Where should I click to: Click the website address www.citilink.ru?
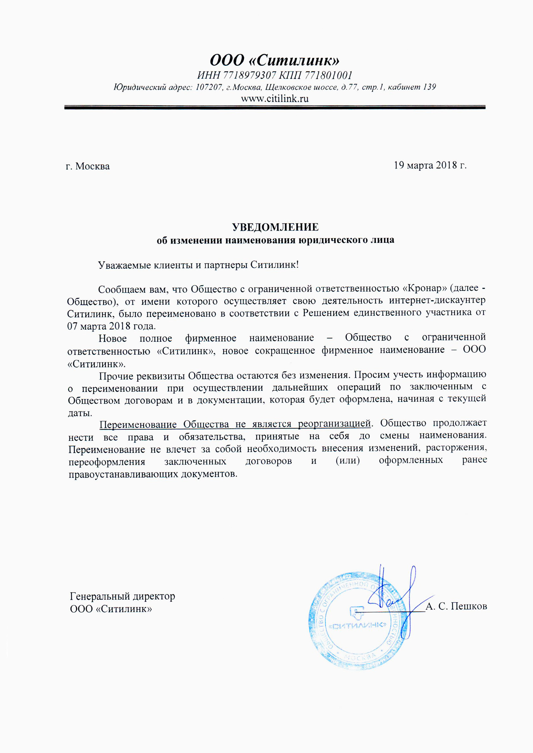click(275, 99)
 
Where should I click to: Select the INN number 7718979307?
click(249, 76)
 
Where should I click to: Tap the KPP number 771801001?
click(328, 76)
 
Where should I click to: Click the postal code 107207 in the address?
click(209, 87)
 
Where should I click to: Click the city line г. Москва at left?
click(88, 166)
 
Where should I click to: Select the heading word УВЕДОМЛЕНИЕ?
click(275, 227)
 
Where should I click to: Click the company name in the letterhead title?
click(275, 60)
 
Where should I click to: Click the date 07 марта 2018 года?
click(111, 326)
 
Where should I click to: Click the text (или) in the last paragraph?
click(348, 461)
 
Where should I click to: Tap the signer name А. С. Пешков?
click(456, 606)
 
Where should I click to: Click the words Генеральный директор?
click(122, 596)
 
